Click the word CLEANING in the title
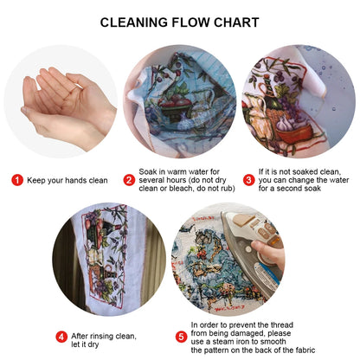point(135,22)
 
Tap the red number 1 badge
point(17,180)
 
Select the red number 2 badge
point(129,180)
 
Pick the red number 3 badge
point(249,180)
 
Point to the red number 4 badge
point(62,337)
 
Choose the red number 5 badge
point(181,337)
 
